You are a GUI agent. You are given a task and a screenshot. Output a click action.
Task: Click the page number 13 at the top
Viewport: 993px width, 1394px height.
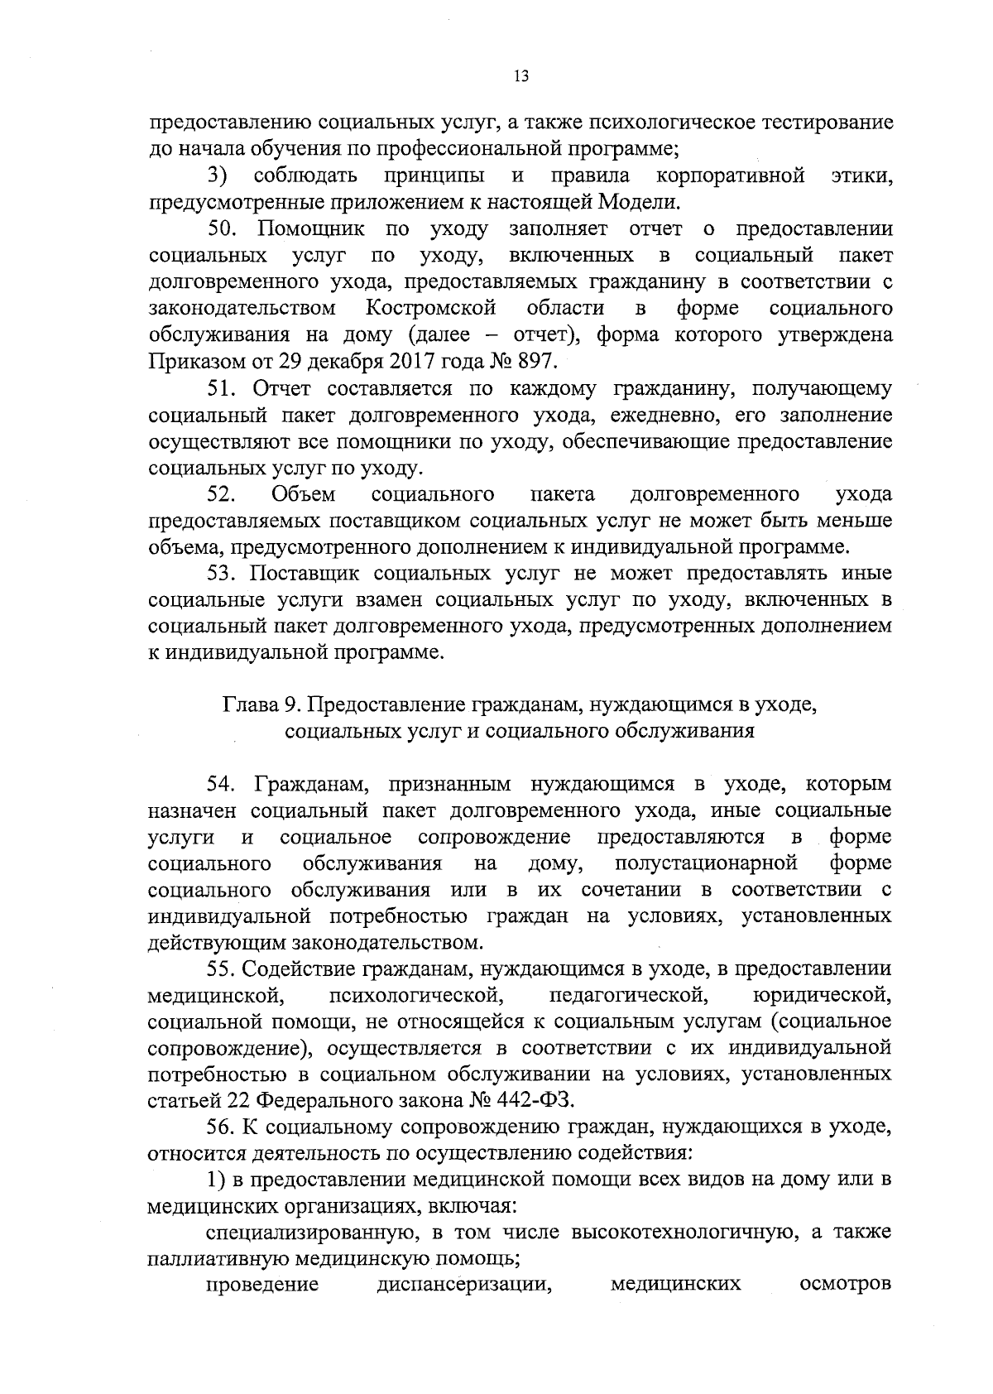[x=520, y=76]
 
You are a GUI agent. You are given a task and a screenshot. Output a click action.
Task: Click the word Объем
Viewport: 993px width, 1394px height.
[x=303, y=494]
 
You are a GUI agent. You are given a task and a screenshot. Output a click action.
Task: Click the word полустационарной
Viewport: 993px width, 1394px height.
[x=706, y=863]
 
